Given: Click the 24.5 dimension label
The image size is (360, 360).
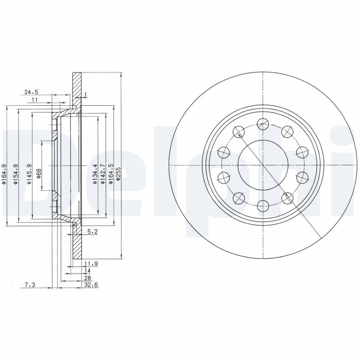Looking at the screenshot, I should [x=31, y=92].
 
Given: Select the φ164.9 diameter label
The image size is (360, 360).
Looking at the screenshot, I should [x=4, y=175].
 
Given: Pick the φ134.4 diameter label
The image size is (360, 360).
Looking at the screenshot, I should [x=95, y=175].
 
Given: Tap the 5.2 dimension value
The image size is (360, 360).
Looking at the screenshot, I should [x=92, y=231].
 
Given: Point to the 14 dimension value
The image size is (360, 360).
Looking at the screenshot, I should [x=87, y=271].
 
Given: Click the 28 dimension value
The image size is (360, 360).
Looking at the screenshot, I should [x=87, y=278].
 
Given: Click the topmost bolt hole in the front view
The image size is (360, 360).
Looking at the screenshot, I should [x=262, y=121].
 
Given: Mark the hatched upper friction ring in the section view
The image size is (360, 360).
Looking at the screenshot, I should [x=77, y=88].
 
